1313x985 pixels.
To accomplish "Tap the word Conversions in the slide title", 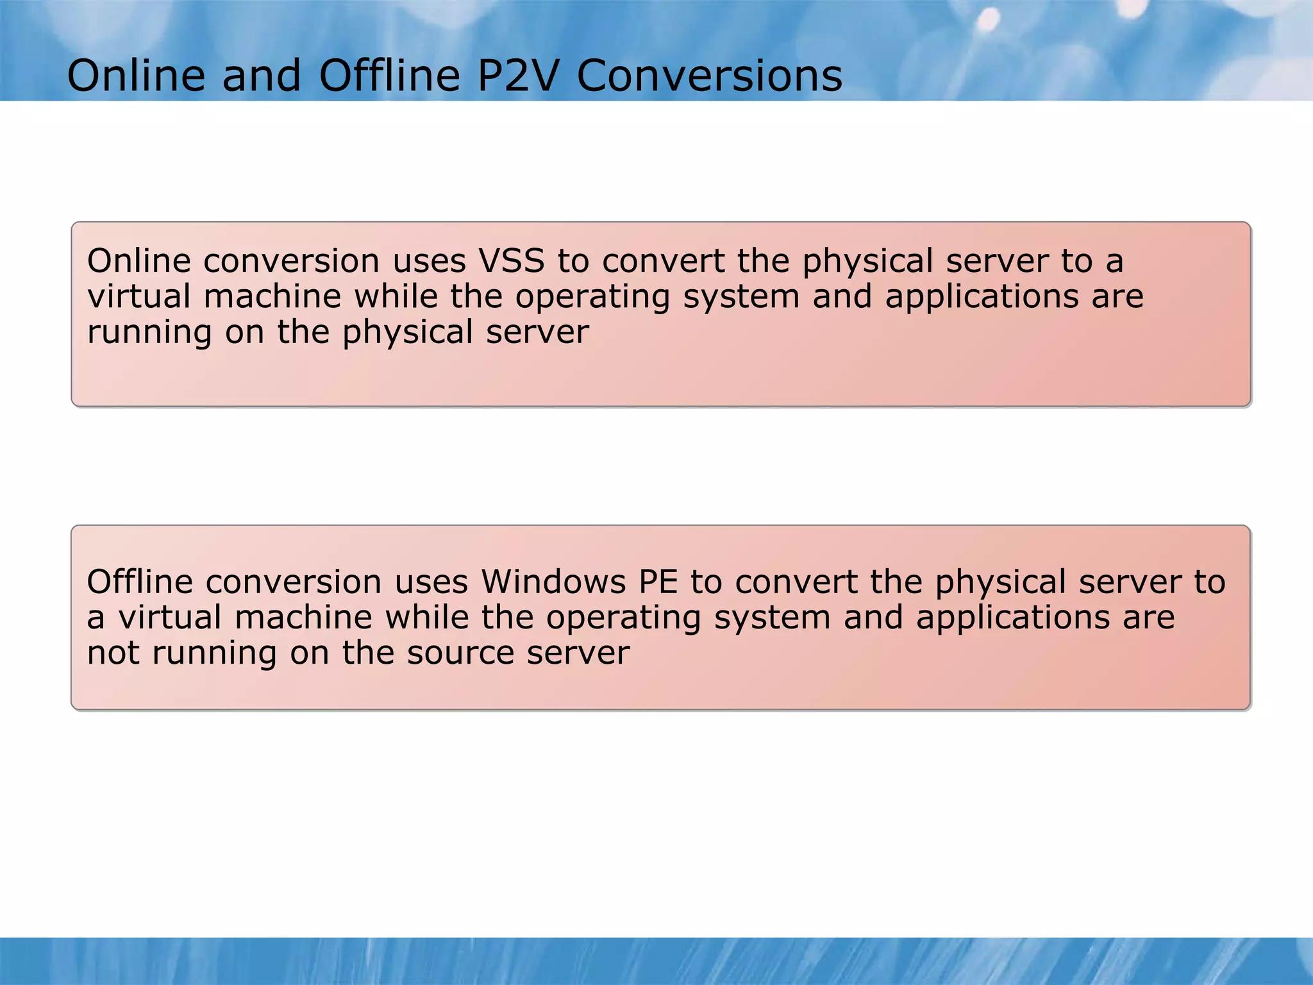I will pyautogui.click(x=709, y=76).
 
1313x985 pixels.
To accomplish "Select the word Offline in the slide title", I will pyautogui.click(x=390, y=76).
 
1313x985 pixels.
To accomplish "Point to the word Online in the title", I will pyautogui.click(x=136, y=76).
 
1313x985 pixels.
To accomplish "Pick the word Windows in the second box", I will pyautogui.click(x=553, y=582).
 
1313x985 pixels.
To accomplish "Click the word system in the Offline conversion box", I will pyautogui.click(x=772, y=618).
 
